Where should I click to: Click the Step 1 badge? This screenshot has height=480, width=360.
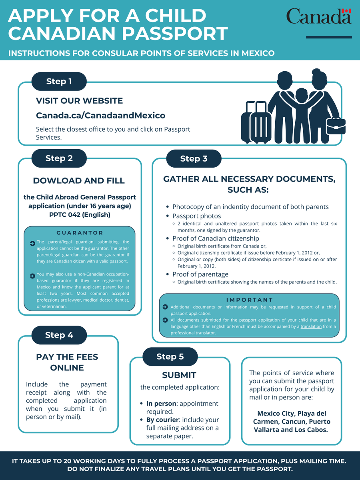(x=59, y=82)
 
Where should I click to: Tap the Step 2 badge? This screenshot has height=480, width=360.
(x=59, y=158)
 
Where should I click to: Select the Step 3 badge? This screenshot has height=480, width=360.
(x=194, y=159)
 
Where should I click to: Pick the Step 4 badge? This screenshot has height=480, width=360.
(x=59, y=335)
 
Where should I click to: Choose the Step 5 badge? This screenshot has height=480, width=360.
(x=170, y=356)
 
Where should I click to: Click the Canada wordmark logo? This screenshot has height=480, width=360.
(x=319, y=16)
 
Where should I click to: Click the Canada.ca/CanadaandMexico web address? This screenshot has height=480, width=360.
(x=100, y=116)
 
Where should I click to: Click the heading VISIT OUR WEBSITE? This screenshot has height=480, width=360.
(x=79, y=101)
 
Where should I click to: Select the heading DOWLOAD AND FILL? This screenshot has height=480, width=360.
(x=79, y=180)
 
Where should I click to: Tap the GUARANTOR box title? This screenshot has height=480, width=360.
(x=80, y=233)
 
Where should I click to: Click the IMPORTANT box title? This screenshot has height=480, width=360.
(x=249, y=300)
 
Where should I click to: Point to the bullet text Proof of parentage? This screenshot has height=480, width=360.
(x=200, y=274)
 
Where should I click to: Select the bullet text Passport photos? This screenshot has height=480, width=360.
(x=196, y=216)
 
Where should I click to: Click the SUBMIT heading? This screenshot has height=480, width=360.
(x=179, y=375)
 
